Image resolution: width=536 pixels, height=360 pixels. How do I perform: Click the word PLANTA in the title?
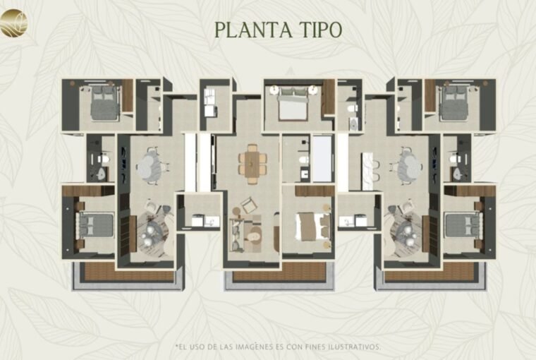pyautogui.click(x=254, y=30)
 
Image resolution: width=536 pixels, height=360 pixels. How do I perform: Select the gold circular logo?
pyautogui.click(x=13, y=23)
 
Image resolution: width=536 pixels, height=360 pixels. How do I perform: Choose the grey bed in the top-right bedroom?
pyautogui.click(x=453, y=102)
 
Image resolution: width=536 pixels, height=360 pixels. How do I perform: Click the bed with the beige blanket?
pyautogui.click(x=312, y=226)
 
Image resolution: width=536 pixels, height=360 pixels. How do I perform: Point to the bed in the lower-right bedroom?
pyautogui.click(x=463, y=224)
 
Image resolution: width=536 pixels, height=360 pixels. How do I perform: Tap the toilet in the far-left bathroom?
pyautogui.click(x=104, y=158)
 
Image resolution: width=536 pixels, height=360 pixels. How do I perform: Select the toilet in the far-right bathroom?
pyautogui.click(x=455, y=158)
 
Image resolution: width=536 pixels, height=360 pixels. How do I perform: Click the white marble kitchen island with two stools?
pyautogui.click(x=367, y=170)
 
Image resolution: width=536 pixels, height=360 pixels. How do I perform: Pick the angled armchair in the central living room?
pyautogui.click(x=248, y=205)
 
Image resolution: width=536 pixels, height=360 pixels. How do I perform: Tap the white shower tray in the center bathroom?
pyautogui.click(x=322, y=158)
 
